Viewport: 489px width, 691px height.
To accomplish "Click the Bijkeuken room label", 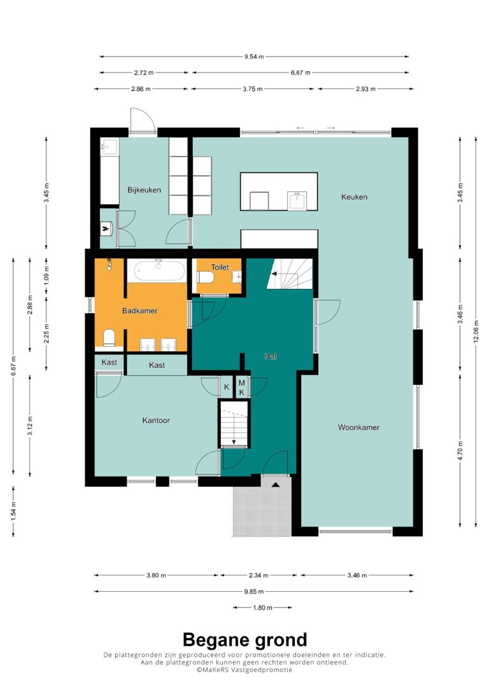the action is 144,190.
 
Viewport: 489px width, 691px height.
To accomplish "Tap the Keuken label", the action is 354,197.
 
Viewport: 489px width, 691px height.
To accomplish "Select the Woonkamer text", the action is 358,427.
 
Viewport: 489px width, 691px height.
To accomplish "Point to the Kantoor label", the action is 156,421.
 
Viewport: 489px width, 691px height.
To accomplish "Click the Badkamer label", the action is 140,311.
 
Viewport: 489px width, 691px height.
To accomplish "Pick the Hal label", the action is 271,356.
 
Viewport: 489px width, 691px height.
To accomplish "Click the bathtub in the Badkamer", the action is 160,270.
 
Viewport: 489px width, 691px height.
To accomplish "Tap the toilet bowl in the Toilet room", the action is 205,277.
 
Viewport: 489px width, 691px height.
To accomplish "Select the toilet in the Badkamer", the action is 109,338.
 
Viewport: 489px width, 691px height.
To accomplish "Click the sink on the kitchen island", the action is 297,200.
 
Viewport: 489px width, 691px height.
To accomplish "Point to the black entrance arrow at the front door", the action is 276,485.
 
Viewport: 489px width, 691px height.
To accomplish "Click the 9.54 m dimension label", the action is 254,57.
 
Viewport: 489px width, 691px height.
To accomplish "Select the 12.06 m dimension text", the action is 476,332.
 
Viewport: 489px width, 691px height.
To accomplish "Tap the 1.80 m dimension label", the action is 262,608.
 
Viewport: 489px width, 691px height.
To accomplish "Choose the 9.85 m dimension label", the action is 254,591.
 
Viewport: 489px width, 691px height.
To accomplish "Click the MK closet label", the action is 241,387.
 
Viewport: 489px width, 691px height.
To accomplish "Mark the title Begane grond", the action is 244,640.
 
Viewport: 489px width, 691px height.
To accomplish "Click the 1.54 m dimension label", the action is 13,511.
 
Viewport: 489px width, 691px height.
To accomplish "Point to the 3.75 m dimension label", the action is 253,89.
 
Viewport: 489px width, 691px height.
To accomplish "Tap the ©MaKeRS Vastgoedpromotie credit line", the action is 244,669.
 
